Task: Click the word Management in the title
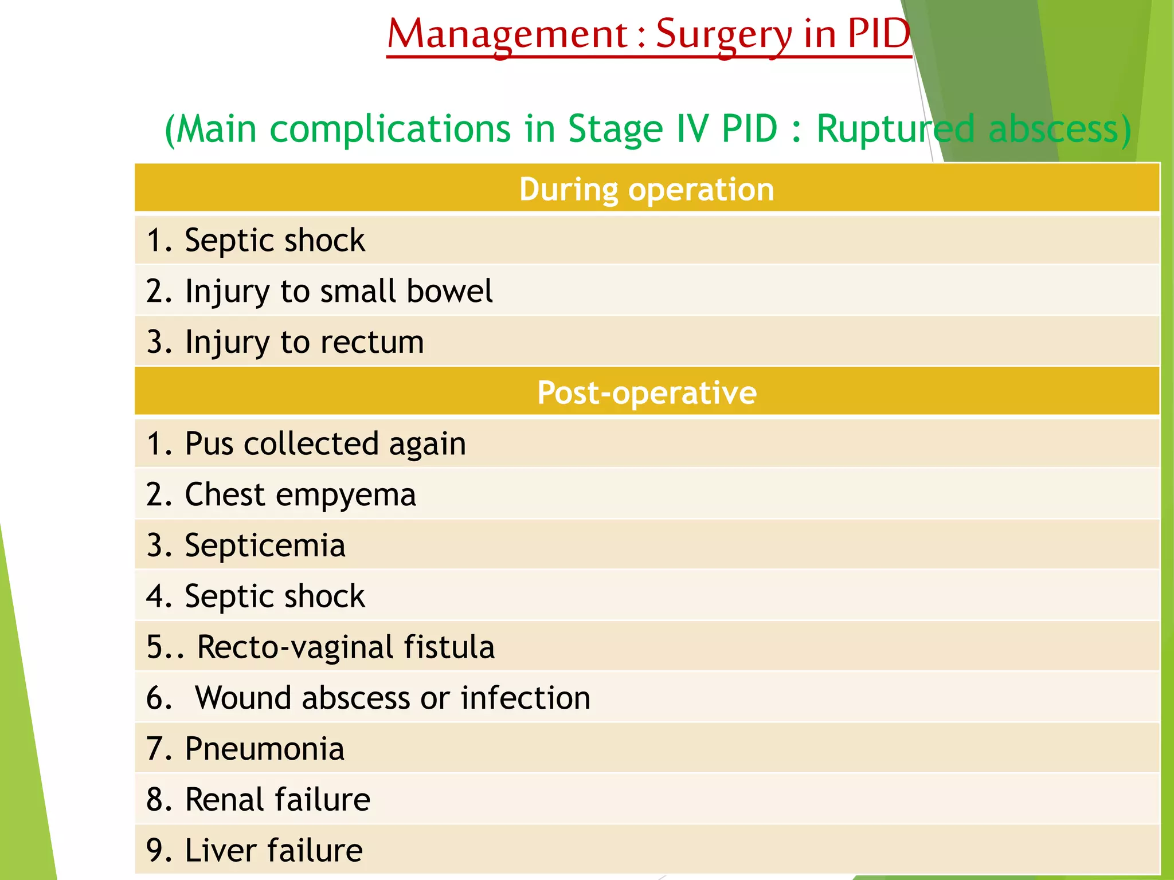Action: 508,34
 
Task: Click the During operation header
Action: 647,189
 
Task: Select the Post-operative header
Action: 647,393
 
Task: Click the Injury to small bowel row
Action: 319,291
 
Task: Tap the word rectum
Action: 372,342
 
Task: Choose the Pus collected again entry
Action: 306,444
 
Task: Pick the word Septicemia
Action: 265,545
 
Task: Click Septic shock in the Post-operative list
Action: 275,596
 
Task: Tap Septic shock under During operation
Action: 275,240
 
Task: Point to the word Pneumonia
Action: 265,749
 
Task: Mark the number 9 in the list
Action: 155,851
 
